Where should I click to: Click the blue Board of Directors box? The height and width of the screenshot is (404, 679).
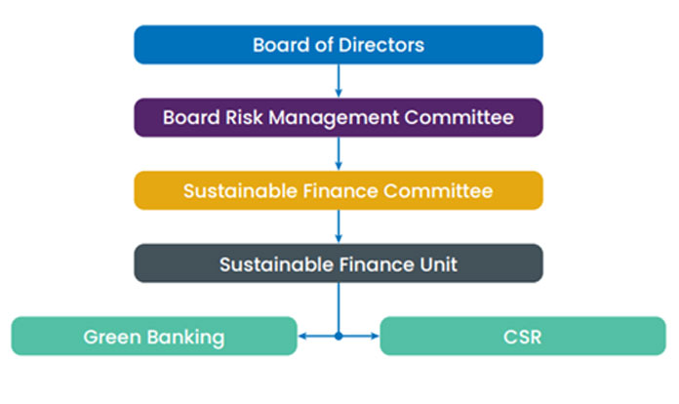point(338,45)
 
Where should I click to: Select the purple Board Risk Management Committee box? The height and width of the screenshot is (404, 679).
point(338,118)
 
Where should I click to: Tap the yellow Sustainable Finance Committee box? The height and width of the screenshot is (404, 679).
point(338,190)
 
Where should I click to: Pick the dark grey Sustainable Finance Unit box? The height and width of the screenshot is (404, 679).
point(338,263)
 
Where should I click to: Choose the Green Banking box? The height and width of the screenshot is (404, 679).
point(153,337)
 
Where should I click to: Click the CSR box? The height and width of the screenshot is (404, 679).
point(523,337)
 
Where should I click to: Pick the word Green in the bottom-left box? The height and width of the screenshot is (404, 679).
point(113,338)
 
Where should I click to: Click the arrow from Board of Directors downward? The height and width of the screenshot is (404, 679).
point(339,81)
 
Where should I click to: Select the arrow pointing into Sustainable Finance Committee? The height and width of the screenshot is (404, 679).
point(339,154)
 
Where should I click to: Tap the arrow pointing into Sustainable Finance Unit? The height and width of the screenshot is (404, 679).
point(339,226)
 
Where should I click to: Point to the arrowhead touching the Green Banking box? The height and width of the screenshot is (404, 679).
point(302,337)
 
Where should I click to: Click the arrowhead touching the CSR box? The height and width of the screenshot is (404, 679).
point(374,337)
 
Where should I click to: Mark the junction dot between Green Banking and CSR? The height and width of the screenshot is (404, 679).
point(339,337)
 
